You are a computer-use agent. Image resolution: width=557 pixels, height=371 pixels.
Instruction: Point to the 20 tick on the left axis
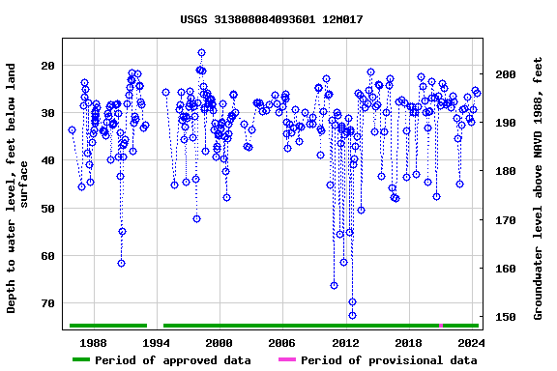point(48,66)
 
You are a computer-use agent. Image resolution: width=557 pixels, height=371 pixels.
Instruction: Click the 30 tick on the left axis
point(48,113)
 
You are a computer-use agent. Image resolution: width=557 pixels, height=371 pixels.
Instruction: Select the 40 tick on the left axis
point(48,160)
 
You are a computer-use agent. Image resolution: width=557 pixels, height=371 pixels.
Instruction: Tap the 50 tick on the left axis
point(48,208)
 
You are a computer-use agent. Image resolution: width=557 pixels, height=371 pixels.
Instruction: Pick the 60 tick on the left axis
point(48,255)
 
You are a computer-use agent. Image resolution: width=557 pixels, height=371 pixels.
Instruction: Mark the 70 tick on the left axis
point(48,302)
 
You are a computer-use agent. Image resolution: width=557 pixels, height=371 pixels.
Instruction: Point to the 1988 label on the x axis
point(93,342)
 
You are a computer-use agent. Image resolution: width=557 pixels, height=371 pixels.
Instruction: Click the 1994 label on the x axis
point(156,342)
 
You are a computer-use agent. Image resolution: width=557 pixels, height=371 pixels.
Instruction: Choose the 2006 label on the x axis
point(281,342)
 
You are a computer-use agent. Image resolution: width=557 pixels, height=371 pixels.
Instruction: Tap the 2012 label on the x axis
point(345,342)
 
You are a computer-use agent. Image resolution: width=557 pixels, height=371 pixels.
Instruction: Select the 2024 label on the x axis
point(471,342)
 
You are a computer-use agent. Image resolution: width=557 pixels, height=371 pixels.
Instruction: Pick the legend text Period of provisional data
point(389,360)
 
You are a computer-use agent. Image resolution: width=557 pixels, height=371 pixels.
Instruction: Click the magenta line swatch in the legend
point(286,360)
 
